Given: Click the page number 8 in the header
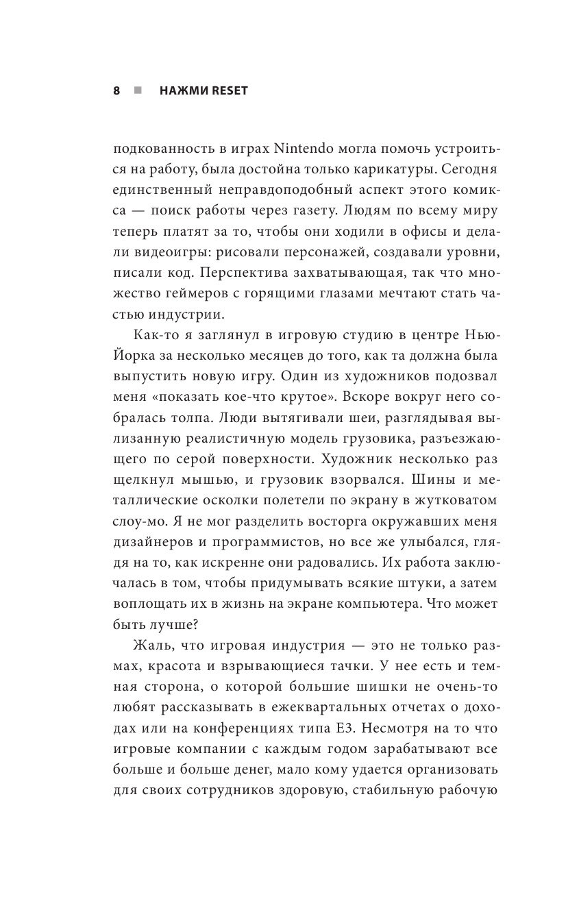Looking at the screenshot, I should coord(116,90).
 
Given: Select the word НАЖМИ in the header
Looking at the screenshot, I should coord(180,90).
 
